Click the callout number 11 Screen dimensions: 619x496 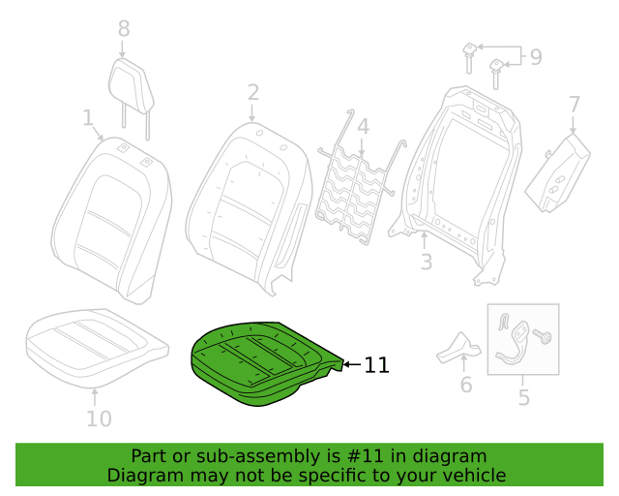pyautogui.click(x=376, y=365)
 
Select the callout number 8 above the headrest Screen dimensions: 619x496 pyautogui.click(x=124, y=28)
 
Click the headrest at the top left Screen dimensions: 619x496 pyautogui.click(x=132, y=86)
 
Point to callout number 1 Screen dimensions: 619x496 pyautogui.click(x=88, y=117)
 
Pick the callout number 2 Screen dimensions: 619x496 pyautogui.click(x=253, y=93)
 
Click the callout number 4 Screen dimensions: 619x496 pyautogui.click(x=364, y=126)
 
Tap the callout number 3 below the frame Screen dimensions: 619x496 pyautogui.click(x=427, y=262)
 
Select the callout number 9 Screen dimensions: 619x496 pyautogui.click(x=536, y=56)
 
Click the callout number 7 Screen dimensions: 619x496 pyautogui.click(x=575, y=105)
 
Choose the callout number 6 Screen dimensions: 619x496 pyautogui.click(x=466, y=385)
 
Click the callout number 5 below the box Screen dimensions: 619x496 pyautogui.click(x=524, y=397)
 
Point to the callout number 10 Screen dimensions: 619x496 pyautogui.click(x=99, y=418)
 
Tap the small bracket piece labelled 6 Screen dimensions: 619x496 pyautogui.click(x=458, y=348)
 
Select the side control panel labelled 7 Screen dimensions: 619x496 pyautogui.click(x=557, y=173)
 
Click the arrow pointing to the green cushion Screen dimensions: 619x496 pyautogui.click(x=352, y=364)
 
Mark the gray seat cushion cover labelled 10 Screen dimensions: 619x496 pyautogui.click(x=97, y=347)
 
